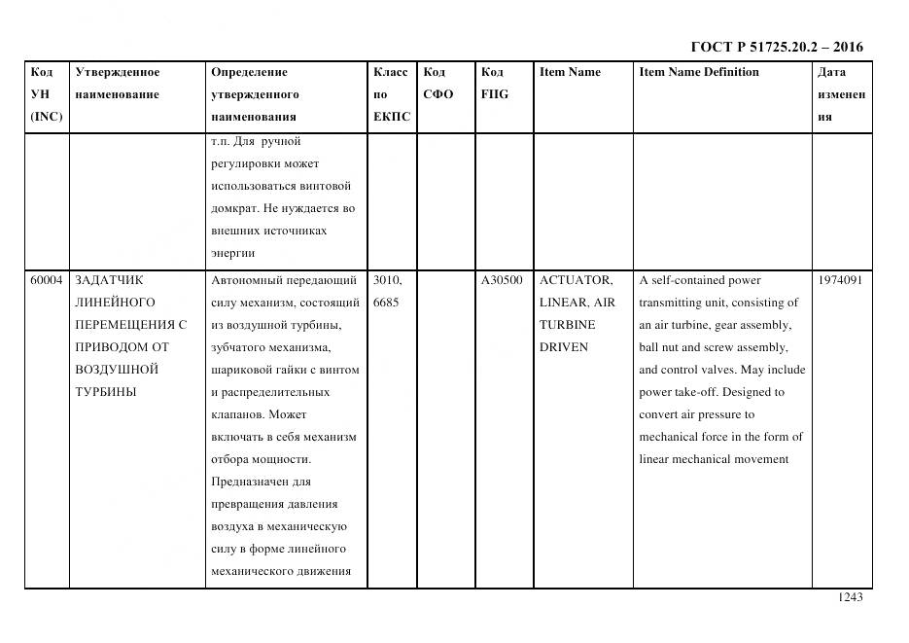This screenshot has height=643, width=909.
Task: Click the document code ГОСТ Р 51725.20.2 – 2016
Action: pos(776,47)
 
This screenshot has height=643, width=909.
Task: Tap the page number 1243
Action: pos(850,597)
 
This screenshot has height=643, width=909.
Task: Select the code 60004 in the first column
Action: pos(46,280)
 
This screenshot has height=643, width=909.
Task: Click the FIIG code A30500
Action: pos(502,280)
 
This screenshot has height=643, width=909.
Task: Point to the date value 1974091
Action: pos(840,280)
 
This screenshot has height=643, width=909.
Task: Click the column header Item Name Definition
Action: pos(699,72)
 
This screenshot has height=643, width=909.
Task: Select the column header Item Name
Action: pos(570,72)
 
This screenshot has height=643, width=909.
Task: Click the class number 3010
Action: pos(386,280)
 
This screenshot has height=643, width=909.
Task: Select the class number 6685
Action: pos(385,303)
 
